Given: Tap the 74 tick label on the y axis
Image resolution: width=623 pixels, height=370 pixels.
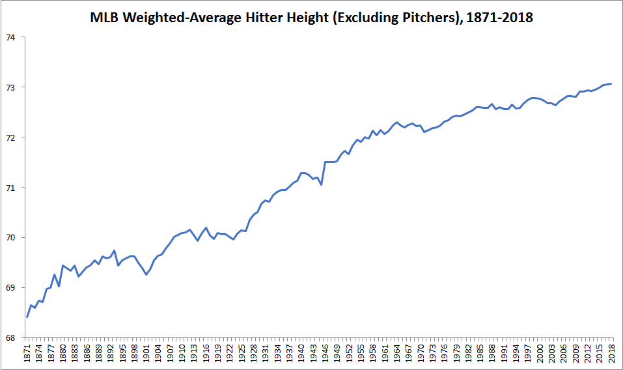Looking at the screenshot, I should click(x=10, y=37).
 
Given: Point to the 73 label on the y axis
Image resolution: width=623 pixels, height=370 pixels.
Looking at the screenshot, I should click(x=10, y=87).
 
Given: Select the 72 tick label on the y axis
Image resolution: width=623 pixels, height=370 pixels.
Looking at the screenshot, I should click(x=10, y=137).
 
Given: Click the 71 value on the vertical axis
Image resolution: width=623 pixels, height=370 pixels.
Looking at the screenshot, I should click(x=10, y=188).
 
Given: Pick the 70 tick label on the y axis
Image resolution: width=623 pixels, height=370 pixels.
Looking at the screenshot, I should click(x=10, y=238).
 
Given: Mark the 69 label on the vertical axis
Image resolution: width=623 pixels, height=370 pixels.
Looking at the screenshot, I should click(x=10, y=287).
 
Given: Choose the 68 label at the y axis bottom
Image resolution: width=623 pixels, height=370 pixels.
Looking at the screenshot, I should click(x=10, y=337).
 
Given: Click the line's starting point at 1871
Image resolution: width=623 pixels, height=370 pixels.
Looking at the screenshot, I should click(x=27, y=317).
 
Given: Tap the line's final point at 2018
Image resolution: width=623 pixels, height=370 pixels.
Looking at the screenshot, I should click(x=611, y=83).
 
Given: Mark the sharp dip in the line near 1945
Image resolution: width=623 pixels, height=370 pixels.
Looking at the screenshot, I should click(x=322, y=184).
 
